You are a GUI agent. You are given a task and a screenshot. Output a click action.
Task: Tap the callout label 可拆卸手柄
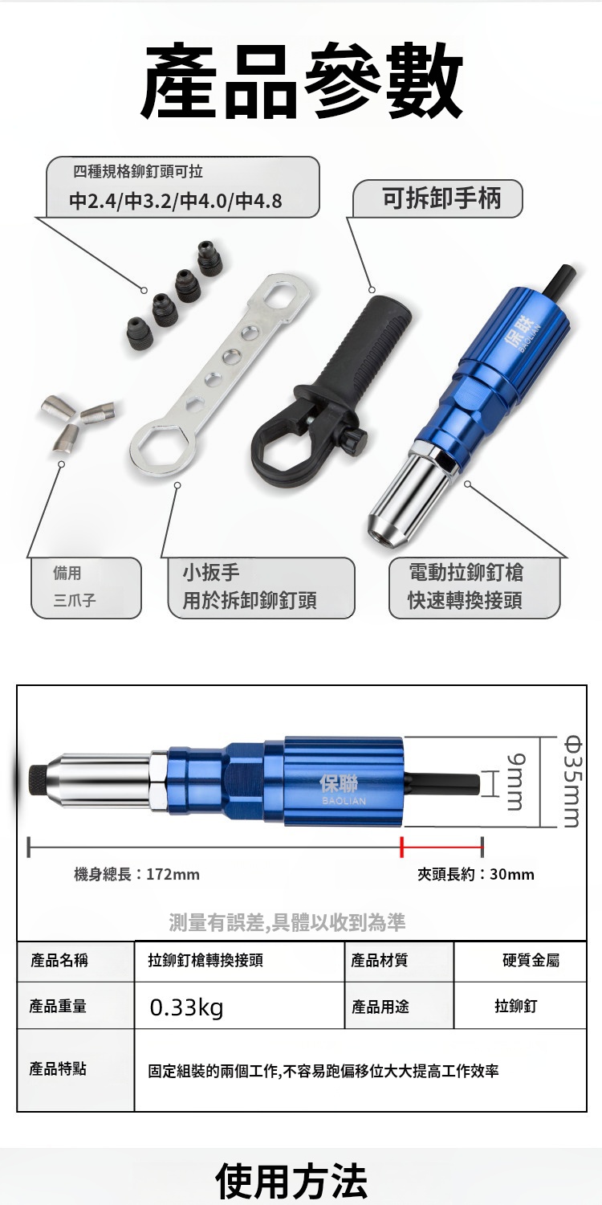coord(441,198)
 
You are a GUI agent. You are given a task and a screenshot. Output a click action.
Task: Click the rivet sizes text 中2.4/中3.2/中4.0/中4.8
coord(175,201)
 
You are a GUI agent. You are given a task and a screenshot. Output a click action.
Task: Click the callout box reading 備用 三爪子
coord(86,587)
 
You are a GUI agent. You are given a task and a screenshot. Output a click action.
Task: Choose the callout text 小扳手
coord(211,572)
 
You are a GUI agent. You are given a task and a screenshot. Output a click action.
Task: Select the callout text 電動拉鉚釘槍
coord(466,572)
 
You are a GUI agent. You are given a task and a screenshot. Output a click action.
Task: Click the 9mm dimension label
coord(515,781)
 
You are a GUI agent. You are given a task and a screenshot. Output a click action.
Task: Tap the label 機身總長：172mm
coord(136,874)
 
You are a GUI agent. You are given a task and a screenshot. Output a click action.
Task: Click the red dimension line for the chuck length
coord(441,848)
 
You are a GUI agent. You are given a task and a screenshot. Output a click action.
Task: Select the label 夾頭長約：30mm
coord(476,874)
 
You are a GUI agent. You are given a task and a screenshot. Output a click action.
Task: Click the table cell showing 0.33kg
coord(239,1006)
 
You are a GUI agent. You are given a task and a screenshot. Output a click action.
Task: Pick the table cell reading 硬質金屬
coord(520,960)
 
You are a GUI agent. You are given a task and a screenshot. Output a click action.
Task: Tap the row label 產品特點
coord(58,1069)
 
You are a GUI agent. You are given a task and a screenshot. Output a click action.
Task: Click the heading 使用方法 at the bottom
coord(291,1181)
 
